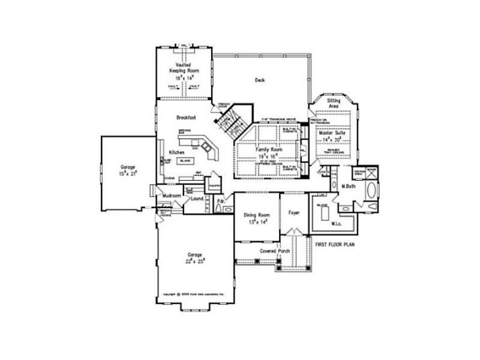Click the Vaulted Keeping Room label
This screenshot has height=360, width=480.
183,68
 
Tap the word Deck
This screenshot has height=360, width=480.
259,80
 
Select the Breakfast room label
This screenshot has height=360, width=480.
186,117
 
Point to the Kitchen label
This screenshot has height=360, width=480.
177,153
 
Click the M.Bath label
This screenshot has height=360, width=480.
348,186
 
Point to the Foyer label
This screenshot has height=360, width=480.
294,212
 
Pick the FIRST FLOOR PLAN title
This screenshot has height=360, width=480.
335,245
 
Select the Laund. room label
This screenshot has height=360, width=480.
198,199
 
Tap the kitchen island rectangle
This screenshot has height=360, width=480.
186,161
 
